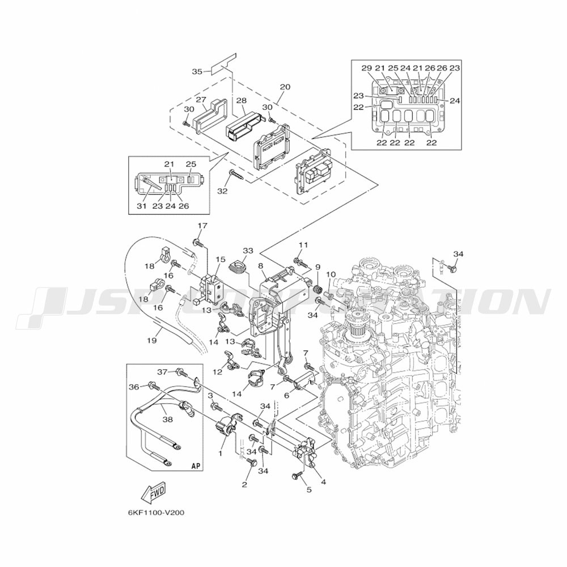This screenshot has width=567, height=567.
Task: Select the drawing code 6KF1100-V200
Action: (x=156, y=513)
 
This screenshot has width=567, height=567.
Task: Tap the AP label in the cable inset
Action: (x=196, y=466)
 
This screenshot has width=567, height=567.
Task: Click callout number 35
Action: (x=197, y=71)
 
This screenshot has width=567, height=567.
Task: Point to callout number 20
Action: (x=285, y=87)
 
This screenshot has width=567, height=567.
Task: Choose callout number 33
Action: (x=248, y=251)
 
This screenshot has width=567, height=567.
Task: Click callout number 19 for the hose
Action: (x=151, y=341)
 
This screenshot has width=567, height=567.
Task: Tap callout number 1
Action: (x=221, y=454)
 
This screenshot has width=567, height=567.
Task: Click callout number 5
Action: (x=309, y=490)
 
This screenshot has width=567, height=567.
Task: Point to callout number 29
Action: (x=366, y=68)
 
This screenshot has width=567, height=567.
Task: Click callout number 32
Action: (x=222, y=191)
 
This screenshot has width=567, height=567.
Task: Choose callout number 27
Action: (x=201, y=99)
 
